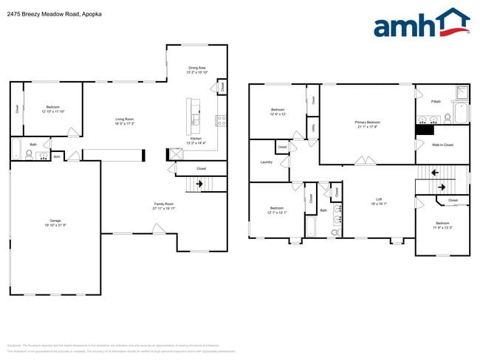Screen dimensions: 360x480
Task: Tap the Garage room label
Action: point(55,222)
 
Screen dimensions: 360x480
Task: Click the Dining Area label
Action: point(196,68)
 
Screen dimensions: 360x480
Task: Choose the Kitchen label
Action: point(196,139)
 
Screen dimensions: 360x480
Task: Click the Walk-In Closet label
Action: point(442,145)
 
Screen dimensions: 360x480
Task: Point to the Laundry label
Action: point(267,162)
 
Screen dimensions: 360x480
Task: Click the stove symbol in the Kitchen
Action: point(219,120)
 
